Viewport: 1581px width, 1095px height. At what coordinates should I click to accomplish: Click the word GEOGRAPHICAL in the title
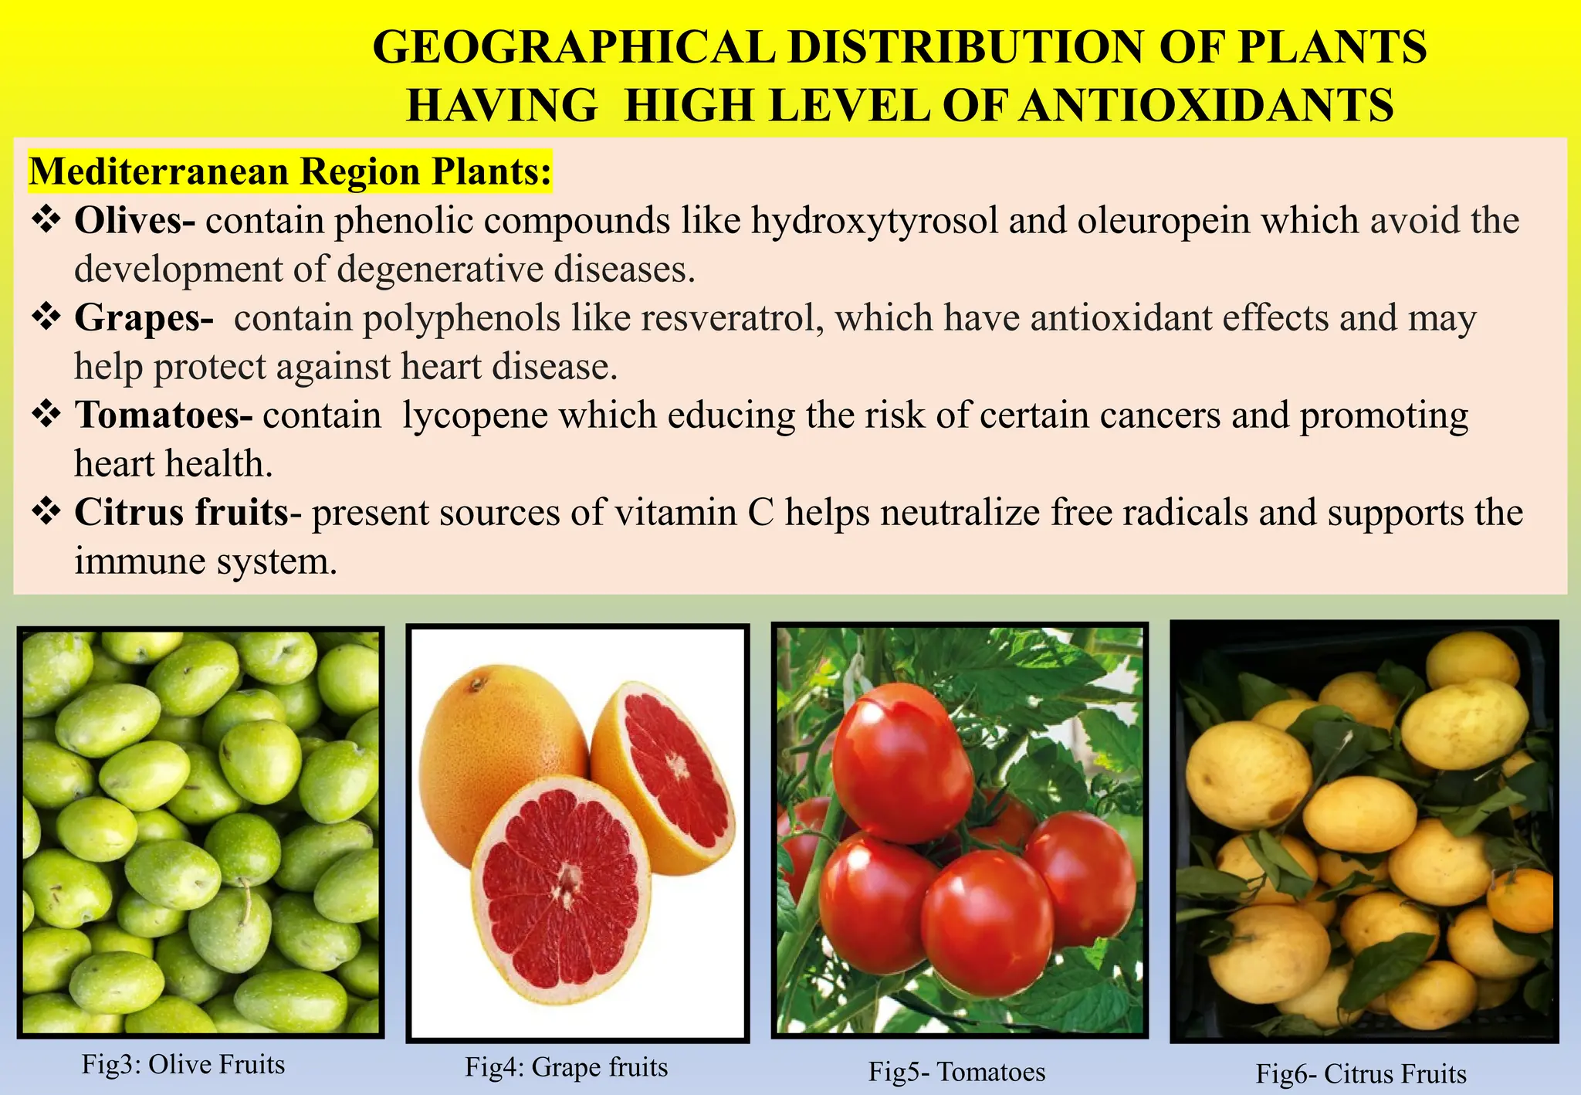(574, 47)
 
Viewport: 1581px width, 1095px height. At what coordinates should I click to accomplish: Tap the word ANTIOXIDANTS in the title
(1205, 106)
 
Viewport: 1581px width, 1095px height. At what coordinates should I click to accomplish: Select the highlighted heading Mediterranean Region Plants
(290, 171)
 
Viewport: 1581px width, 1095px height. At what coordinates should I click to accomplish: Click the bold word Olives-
(135, 221)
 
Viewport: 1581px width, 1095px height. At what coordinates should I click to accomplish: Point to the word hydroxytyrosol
(874, 222)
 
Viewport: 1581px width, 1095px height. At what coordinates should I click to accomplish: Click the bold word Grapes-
(144, 318)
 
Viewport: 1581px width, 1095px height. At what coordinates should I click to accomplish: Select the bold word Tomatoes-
(164, 415)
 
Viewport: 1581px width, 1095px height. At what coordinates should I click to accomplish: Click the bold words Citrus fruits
(181, 513)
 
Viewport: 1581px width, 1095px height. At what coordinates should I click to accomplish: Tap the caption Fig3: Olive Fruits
(184, 1065)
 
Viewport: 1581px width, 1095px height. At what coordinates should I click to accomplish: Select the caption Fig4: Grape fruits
(566, 1067)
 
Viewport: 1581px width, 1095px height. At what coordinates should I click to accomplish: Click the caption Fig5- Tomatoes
(956, 1072)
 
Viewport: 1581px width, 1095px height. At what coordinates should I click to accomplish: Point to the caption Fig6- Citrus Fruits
(1361, 1074)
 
